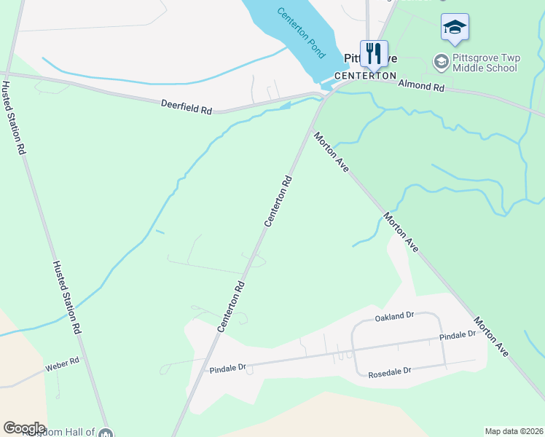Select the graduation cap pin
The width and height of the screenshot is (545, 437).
455,28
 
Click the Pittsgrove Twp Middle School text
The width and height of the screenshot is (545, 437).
485,63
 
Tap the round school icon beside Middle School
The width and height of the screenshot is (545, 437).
441,62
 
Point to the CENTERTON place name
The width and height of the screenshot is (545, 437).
365,76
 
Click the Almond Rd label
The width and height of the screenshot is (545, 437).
421,86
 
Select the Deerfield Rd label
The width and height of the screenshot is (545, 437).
186,106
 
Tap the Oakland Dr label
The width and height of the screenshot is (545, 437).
394,317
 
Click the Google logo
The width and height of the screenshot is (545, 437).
24,428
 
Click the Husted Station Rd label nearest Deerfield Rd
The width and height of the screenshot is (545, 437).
15,117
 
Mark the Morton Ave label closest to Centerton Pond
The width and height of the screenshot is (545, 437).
333,151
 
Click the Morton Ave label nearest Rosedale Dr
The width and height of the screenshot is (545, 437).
491,336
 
